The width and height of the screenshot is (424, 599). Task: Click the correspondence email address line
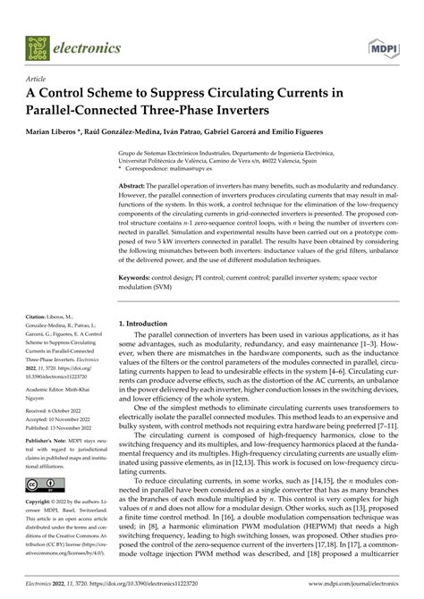pyautogui.click(x=196, y=167)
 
